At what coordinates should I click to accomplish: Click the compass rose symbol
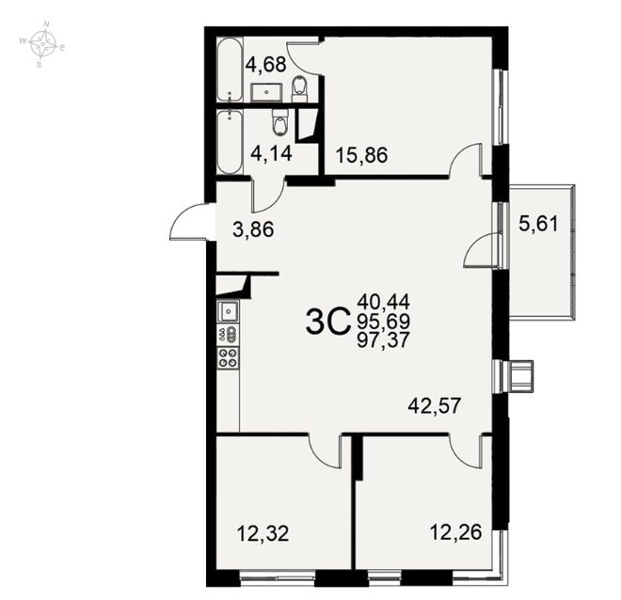[x=42, y=44]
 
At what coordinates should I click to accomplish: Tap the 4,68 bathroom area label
[x=265, y=65]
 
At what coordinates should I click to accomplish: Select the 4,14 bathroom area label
[x=272, y=152]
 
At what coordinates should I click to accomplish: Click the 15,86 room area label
[x=361, y=155]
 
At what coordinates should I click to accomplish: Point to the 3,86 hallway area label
[x=253, y=229]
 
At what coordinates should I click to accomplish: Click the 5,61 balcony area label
[x=538, y=225]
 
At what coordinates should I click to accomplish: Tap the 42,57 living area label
[x=435, y=405]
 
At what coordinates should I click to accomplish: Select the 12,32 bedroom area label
[x=263, y=532]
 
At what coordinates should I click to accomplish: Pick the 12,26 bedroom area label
[x=455, y=532]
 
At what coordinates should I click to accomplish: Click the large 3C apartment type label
[x=328, y=322]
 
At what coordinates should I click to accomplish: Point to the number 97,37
[x=383, y=339]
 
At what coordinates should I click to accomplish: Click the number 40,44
[x=383, y=302]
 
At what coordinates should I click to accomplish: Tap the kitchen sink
[x=228, y=311]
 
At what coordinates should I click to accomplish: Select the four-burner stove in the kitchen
[x=228, y=357]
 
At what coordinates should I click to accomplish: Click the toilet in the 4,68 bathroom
[x=299, y=88]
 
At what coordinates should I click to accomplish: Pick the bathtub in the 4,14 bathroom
[x=229, y=142]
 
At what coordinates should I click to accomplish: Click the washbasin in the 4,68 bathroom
[x=266, y=92]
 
